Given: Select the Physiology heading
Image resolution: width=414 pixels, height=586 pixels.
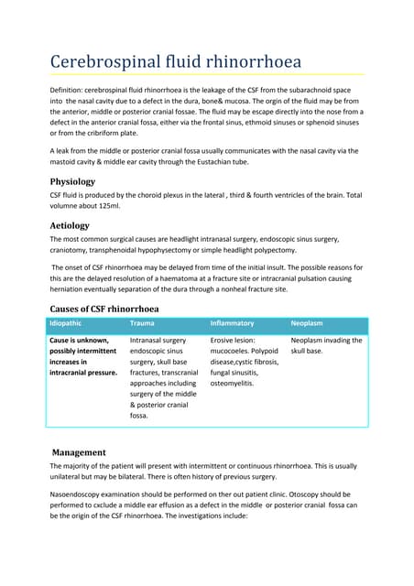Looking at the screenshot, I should (83, 181).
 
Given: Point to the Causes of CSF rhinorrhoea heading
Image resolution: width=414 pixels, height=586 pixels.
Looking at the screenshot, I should (103, 309).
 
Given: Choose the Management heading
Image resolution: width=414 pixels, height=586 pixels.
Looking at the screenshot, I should (79, 452).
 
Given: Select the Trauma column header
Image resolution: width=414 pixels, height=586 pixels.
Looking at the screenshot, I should (142, 324).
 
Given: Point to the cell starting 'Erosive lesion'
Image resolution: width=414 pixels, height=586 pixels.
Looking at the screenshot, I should (243, 362).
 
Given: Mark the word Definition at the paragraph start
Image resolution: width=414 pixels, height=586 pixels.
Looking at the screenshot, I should (71, 92).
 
